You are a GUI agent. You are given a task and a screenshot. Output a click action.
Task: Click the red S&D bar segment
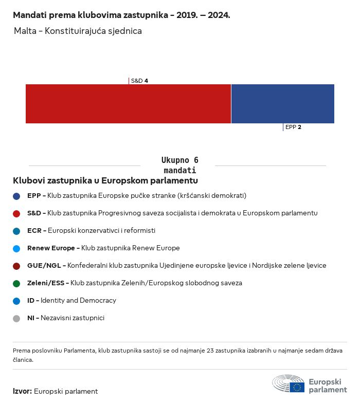[128, 104]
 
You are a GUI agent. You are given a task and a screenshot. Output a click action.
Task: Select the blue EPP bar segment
[283, 104]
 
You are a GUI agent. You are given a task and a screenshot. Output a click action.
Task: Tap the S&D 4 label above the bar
[139, 81]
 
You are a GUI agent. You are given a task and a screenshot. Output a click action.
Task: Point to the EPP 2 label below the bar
[293, 127]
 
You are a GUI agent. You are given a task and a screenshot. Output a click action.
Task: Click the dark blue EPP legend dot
[16, 196]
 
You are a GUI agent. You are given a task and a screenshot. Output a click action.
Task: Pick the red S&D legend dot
[16, 214]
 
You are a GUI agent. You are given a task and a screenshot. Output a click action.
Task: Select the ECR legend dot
[16, 231]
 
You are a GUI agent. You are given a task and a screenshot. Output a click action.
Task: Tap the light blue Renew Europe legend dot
[16, 249]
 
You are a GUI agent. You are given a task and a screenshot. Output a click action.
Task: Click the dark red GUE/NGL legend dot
[16, 266]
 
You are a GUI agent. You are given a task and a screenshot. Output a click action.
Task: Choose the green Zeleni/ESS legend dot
[16, 284]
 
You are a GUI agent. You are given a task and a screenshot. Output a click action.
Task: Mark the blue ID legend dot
[16, 301]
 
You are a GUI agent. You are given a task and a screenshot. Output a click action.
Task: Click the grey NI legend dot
[16, 319]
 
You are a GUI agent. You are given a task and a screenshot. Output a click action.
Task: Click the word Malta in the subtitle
[25, 31]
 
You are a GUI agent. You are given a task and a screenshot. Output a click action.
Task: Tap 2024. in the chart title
[219, 15]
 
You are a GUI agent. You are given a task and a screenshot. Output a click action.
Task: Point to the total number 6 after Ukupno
[196, 160]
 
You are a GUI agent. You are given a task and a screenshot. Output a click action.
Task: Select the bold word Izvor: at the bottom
[23, 391]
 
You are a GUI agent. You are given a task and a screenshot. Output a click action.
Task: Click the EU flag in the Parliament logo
[297, 387]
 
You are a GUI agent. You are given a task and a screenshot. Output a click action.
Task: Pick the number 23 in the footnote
[210, 351]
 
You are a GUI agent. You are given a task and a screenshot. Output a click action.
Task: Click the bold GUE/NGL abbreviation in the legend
[44, 265]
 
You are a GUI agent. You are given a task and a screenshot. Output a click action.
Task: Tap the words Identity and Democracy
[78, 300]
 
